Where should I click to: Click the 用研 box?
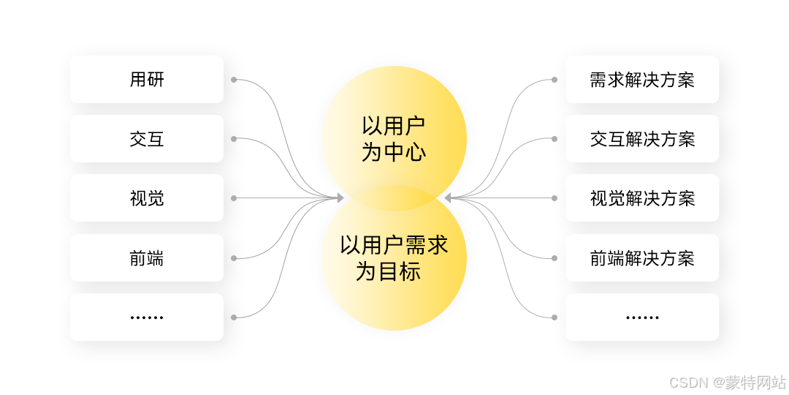pyautogui.click(x=147, y=79)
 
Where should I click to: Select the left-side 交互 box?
pyautogui.click(x=147, y=138)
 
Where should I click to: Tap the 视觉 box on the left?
pyautogui.click(x=147, y=197)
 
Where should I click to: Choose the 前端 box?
pyautogui.click(x=147, y=257)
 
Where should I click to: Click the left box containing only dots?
pyautogui.click(x=147, y=317)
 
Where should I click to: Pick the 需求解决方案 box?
pyautogui.click(x=642, y=79)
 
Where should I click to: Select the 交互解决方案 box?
pyautogui.click(x=642, y=138)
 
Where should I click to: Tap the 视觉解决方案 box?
pyautogui.click(x=642, y=197)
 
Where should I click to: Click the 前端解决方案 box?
pyautogui.click(x=642, y=257)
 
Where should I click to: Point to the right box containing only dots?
pyautogui.click(x=642, y=317)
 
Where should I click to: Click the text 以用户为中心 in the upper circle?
pyautogui.click(x=394, y=138)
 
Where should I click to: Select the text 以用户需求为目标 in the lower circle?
pyautogui.click(x=394, y=257)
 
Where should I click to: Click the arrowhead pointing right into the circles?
pyautogui.click(x=340, y=197)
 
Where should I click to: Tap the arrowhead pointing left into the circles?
pyautogui.click(x=449, y=197)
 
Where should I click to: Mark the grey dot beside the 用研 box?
pyautogui.click(x=234, y=79)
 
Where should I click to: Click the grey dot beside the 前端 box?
pyautogui.click(x=234, y=257)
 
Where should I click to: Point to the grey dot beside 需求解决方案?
pyautogui.click(x=554, y=79)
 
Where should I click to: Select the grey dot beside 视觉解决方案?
pyautogui.click(x=554, y=197)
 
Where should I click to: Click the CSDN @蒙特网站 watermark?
pyautogui.click(x=727, y=382)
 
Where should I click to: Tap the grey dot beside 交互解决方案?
pyautogui.click(x=554, y=138)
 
